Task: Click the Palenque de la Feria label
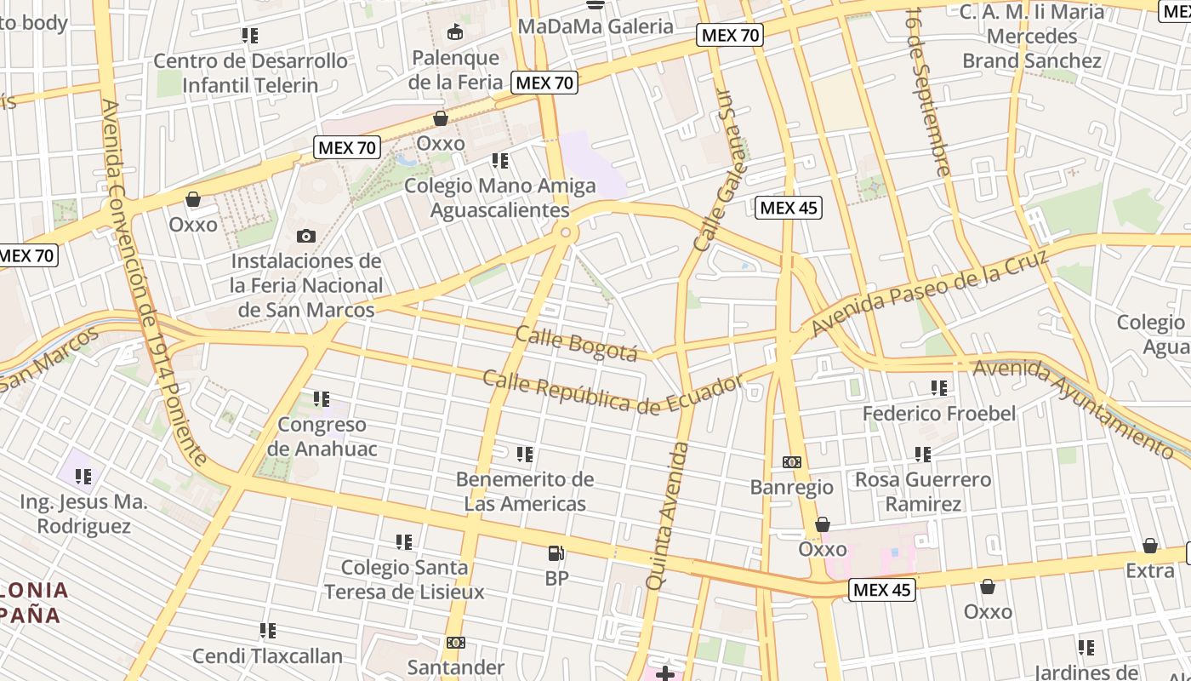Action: (x=454, y=70)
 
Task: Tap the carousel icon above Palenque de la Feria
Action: (x=455, y=33)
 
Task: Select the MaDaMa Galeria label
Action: (x=595, y=26)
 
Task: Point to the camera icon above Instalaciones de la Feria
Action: (x=306, y=236)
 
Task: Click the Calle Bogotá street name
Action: (x=576, y=343)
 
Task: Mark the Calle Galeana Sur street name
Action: (x=720, y=169)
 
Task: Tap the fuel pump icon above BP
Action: (x=556, y=554)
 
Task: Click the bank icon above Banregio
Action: (x=791, y=462)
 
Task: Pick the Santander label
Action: (x=456, y=667)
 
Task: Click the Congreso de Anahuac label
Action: (x=322, y=437)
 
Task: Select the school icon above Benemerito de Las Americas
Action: (x=525, y=455)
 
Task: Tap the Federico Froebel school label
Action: (x=939, y=414)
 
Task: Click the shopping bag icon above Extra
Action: (x=1150, y=546)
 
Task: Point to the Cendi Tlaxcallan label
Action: (x=267, y=656)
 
